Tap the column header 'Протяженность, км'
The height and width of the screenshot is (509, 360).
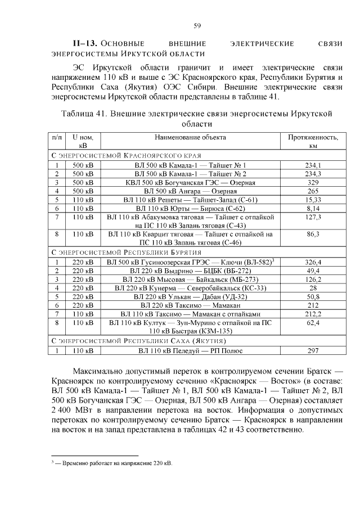coord(313,141)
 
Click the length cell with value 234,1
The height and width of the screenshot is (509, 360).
coord(313,165)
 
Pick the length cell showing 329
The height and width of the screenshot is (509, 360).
coord(313,183)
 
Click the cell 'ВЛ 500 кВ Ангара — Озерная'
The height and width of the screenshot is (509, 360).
coord(191,191)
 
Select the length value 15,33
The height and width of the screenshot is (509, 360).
coord(313,200)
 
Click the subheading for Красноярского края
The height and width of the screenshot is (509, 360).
coord(127,155)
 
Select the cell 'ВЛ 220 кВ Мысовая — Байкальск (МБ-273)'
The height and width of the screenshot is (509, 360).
coord(191,279)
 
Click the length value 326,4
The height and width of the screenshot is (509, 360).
coord(313,262)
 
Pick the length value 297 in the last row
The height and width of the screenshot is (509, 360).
coord(313,351)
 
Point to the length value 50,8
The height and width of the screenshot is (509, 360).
coord(313,296)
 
